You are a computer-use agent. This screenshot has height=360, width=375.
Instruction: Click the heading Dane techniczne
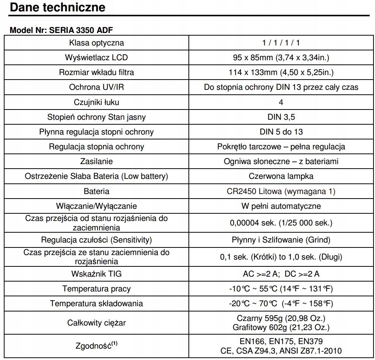(x=57, y=7)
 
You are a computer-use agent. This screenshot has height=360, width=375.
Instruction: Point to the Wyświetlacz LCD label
(x=96, y=58)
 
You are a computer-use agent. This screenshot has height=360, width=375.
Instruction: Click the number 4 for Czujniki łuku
(x=281, y=102)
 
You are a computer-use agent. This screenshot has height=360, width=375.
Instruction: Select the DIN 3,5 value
(x=281, y=117)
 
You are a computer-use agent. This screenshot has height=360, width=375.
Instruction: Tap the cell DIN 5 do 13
(x=281, y=132)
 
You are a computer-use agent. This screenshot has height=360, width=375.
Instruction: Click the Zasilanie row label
(x=96, y=161)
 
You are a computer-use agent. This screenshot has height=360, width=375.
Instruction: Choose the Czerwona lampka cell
(x=281, y=176)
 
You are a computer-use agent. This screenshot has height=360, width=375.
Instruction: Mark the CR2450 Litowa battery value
(x=281, y=191)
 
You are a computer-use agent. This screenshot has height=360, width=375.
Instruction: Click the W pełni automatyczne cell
(x=281, y=206)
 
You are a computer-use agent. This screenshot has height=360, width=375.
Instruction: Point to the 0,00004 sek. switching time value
(x=281, y=223)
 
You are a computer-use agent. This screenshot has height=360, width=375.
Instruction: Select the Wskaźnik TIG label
(x=96, y=274)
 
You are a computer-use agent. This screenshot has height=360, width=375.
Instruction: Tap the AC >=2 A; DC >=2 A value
(x=281, y=274)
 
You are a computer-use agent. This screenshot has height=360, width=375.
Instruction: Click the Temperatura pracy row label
(x=96, y=289)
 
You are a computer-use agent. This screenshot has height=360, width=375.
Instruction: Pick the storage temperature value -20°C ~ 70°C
(x=281, y=304)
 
